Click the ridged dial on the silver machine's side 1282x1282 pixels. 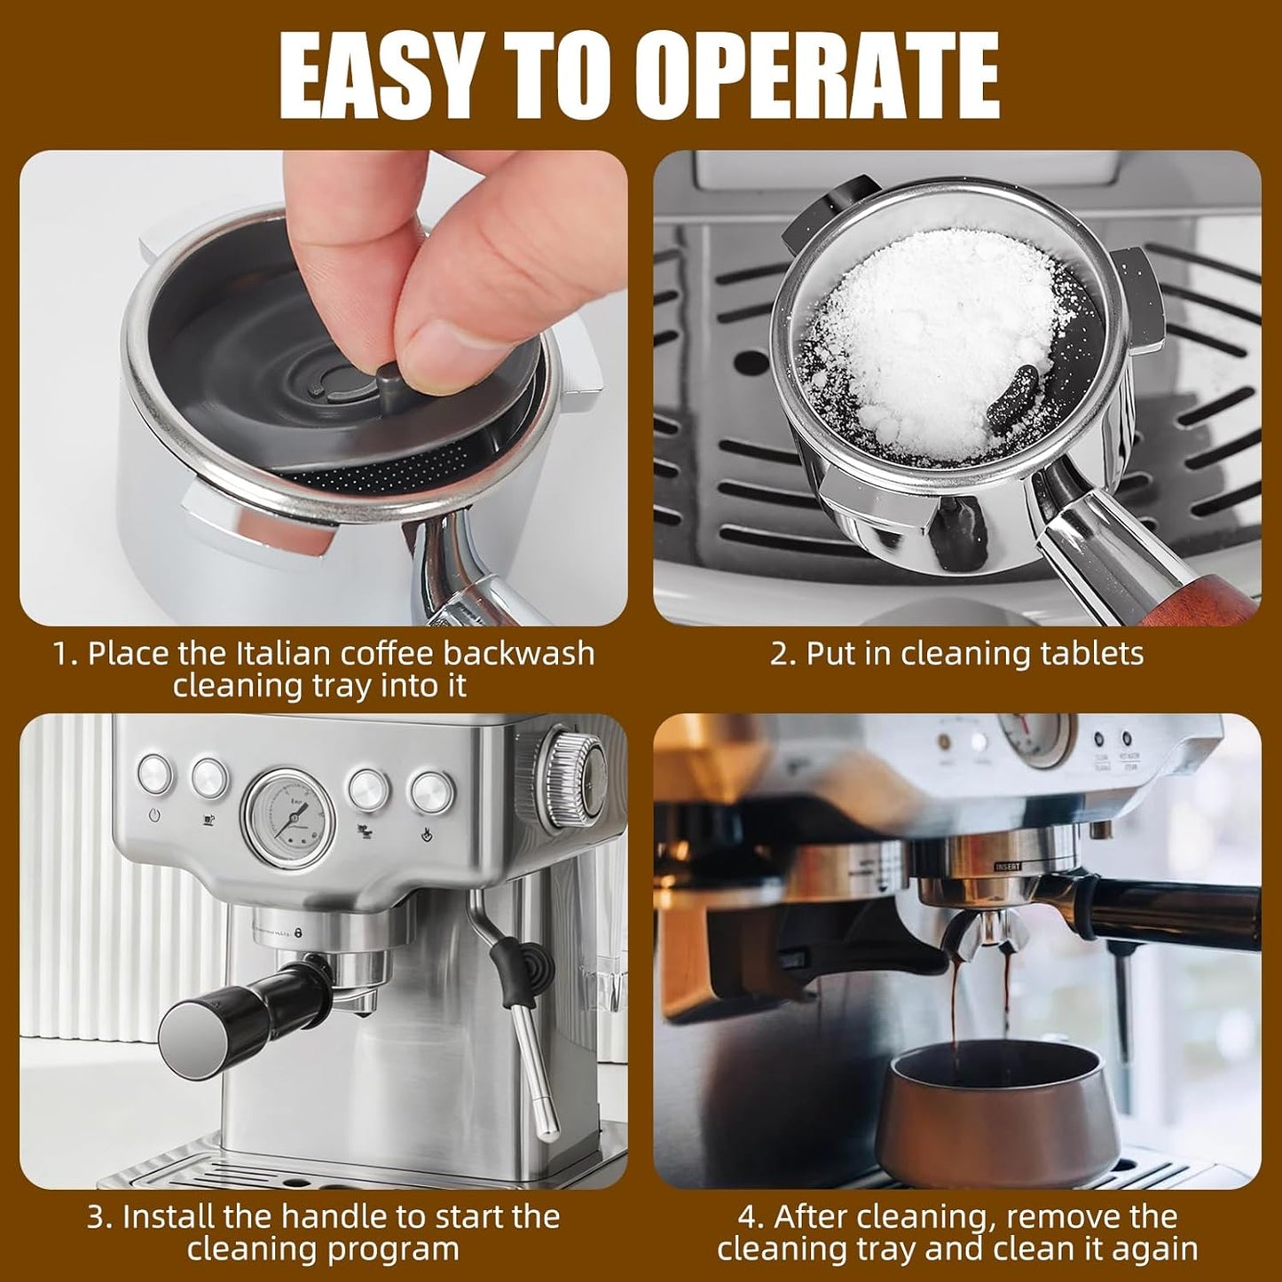[571, 772]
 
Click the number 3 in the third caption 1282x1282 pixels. [96, 1216]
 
